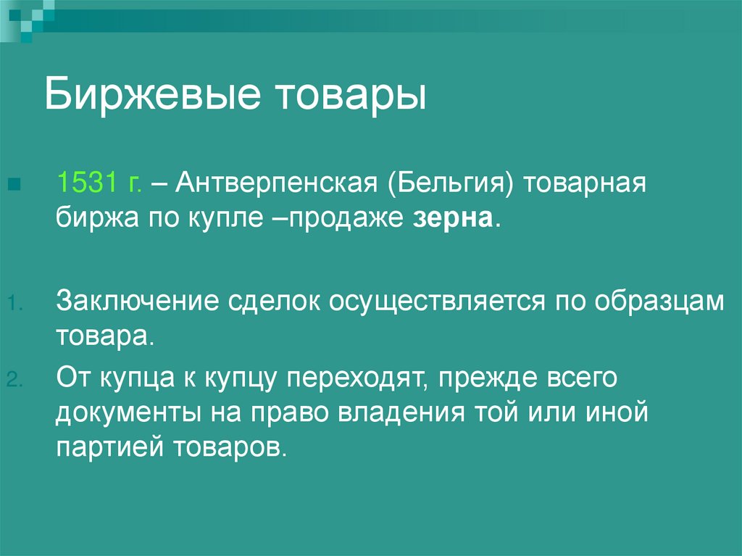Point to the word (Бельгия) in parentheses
tap(451, 183)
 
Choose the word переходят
tap(357, 378)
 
